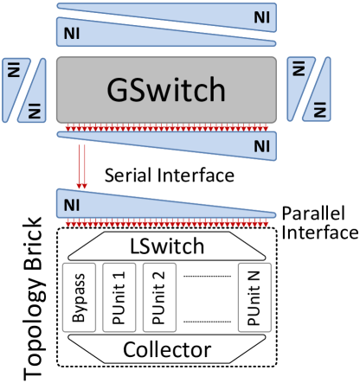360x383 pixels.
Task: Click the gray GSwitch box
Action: pyautogui.click(x=166, y=90)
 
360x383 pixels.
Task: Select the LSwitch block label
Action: pyautogui.click(x=166, y=247)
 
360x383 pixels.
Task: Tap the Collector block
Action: pyautogui.click(x=166, y=350)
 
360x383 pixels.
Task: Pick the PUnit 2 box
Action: pyautogui.click(x=157, y=297)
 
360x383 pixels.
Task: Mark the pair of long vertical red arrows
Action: pyautogui.click(x=83, y=166)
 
